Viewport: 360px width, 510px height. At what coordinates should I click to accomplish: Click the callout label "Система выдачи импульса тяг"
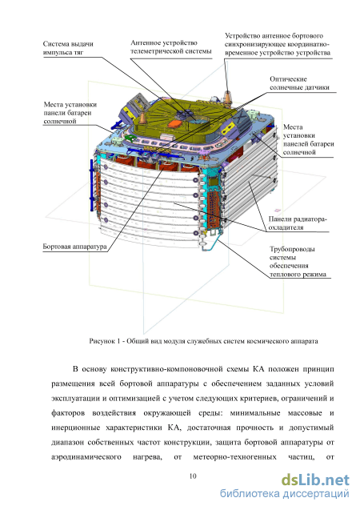click(68, 48)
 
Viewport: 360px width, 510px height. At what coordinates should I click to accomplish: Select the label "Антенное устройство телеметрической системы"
click(171, 46)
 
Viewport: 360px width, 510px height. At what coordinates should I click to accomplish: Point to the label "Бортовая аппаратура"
click(74, 247)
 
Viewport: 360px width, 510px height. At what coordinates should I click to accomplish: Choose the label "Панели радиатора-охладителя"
click(298, 223)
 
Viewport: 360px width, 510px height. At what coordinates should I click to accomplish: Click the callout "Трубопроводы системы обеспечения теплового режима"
click(298, 262)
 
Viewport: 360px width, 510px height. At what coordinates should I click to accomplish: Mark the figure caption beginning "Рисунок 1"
click(203, 341)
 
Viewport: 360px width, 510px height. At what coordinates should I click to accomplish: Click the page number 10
click(193, 476)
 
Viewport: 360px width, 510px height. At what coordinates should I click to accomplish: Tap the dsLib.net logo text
click(315, 480)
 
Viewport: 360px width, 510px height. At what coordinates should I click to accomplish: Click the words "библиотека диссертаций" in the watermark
click(285, 494)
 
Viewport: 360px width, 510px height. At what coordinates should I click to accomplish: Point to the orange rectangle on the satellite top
click(177, 123)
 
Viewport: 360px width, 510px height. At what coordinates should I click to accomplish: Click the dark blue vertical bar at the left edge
click(91, 186)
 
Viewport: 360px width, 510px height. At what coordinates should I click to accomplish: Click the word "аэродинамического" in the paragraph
click(86, 457)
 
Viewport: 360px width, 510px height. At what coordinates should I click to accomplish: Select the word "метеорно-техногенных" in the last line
click(234, 457)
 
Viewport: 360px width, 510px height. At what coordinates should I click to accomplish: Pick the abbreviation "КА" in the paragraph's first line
click(258, 369)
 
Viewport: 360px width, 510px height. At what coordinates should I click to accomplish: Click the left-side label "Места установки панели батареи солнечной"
click(70, 113)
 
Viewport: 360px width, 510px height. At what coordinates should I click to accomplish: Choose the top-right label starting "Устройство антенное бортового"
click(278, 44)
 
